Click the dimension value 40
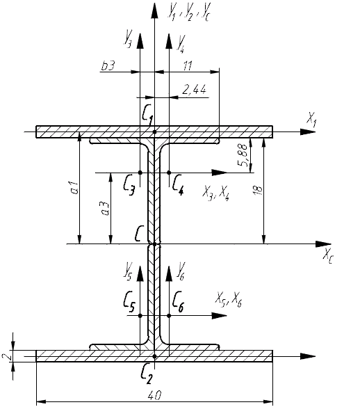pos(155,396)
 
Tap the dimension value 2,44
pos(195,90)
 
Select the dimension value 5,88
pos(243,156)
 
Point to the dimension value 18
pos(259,190)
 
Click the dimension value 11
pos(188,66)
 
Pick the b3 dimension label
pos(108,66)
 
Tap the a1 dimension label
pos(74,188)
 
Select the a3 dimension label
pos(106,209)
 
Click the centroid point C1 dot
pos(154,132)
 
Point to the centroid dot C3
pos(140,173)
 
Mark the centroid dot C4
pos(169,173)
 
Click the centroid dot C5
pos(140,316)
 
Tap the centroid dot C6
pos(169,316)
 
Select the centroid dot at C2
pos(154,356)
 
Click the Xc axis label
pos(328,256)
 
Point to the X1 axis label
pos(311,120)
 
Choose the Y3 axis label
pos(128,38)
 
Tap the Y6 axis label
pos(181,271)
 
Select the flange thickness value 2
pos(7,356)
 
